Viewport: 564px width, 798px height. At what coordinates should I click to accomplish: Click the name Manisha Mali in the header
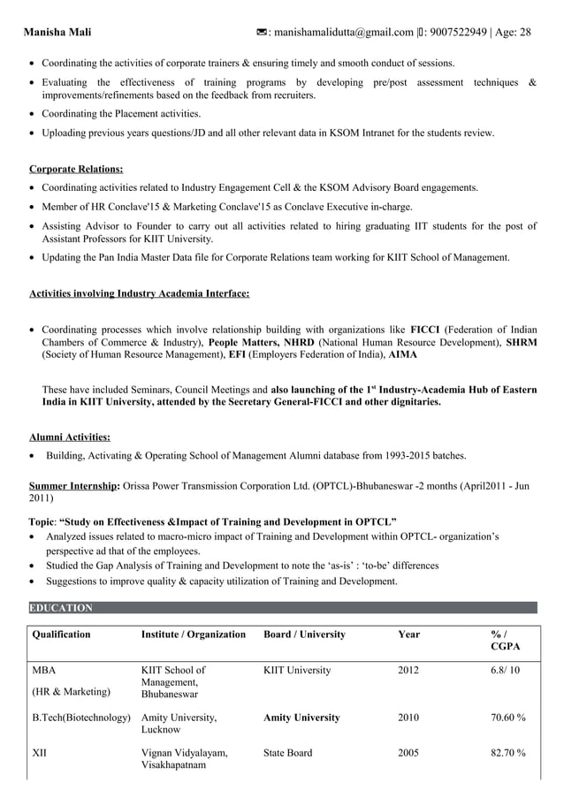(x=57, y=33)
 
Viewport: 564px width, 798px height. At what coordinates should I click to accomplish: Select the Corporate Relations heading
(x=76, y=169)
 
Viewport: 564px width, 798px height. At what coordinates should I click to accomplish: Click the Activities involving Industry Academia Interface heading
(x=139, y=293)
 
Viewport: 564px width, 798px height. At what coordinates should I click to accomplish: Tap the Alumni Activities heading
(x=70, y=437)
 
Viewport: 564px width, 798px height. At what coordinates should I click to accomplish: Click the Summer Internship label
(x=74, y=485)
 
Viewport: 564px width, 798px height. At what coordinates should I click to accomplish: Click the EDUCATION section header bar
(x=283, y=608)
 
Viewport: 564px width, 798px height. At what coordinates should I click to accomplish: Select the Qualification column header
(x=61, y=635)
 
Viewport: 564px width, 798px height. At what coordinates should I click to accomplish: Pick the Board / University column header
(x=304, y=635)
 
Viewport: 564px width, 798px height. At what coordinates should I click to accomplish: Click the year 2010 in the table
(x=408, y=718)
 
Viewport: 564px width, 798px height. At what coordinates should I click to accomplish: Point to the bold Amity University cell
(x=301, y=718)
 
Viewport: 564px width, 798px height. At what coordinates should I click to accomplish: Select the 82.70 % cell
(x=508, y=753)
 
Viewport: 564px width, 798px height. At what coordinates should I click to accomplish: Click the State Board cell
(x=287, y=753)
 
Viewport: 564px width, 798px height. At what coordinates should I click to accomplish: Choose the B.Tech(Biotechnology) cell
(x=81, y=718)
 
